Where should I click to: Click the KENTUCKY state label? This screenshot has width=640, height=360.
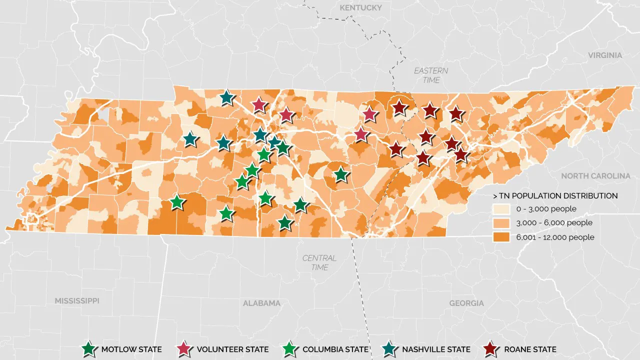tap(360, 7)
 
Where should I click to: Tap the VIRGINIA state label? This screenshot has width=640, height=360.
tap(605, 55)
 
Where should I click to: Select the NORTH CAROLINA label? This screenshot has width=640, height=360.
tap(595, 176)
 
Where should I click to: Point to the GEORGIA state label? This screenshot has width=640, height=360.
tap(466, 303)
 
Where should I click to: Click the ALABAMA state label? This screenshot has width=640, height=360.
tap(261, 303)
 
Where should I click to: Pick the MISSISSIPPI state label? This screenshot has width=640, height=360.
tap(77, 301)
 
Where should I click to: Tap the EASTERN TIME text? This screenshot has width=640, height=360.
tap(431, 75)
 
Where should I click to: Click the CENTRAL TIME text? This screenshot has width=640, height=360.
tap(319, 262)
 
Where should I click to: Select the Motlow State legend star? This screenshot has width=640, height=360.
tap(89, 349)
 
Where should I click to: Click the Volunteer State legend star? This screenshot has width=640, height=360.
tap(185, 349)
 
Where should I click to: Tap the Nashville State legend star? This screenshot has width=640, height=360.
tap(390, 349)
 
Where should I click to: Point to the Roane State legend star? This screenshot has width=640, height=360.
tap(493, 349)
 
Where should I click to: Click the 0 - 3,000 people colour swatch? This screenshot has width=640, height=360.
tap(501, 209)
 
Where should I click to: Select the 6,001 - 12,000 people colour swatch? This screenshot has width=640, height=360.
tap(501, 237)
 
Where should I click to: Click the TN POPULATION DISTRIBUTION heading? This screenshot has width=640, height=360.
tap(555, 195)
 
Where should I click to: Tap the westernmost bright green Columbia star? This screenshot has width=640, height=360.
tap(176, 202)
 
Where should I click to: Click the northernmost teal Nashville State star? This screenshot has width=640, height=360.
tap(226, 97)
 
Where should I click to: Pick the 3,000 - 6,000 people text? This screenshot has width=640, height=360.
tap(554, 223)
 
